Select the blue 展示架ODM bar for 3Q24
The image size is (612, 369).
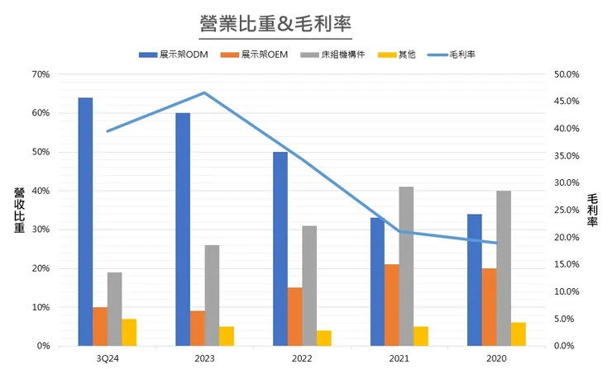tap(85, 221)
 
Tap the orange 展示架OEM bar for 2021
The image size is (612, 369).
tap(392, 305)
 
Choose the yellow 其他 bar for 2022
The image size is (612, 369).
tap(323, 338)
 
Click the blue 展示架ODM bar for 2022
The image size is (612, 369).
tap(280, 248)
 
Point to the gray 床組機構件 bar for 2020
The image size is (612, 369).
tap(504, 268)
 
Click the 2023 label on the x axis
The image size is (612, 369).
tap(205, 358)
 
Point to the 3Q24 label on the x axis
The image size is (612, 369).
tap(108, 358)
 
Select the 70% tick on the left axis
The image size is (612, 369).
tap(41, 74)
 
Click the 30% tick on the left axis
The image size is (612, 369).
tap(41, 229)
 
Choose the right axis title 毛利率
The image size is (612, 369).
tap(593, 211)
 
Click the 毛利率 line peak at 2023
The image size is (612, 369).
tap(205, 92)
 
